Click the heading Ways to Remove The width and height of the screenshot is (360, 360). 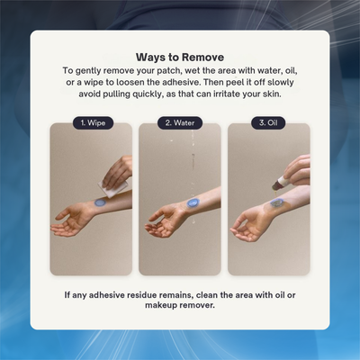[180, 55]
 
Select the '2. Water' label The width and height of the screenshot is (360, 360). [180, 122]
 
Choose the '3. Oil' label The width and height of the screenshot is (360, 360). [269, 122]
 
